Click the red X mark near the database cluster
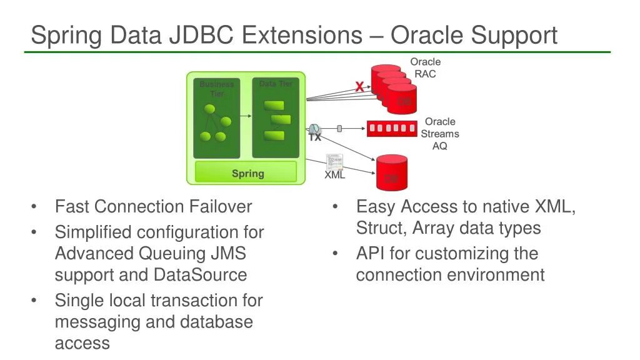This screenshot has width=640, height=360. click(359, 87)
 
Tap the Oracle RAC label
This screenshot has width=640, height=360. click(425, 67)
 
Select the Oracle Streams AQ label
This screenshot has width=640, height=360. click(439, 133)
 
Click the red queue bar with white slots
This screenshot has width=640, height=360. click(392, 129)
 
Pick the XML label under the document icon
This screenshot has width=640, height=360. click(335, 175)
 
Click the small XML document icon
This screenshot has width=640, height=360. click(334, 162)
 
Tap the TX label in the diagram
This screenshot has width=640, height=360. click(315, 137)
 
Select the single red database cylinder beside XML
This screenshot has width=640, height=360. click(392, 172)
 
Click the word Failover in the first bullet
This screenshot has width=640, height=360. click(221, 207)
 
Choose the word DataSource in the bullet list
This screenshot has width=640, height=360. click(199, 275)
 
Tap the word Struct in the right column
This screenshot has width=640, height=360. click(381, 228)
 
